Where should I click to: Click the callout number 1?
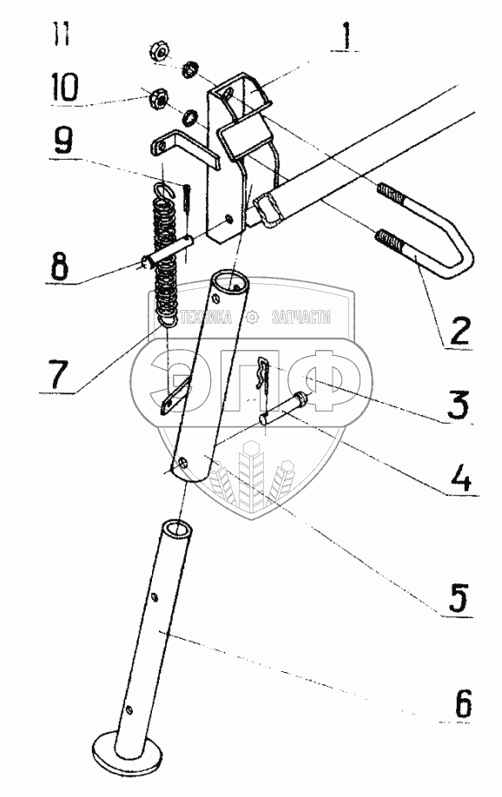(347, 35)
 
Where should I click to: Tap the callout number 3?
(458, 404)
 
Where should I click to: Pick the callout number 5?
(457, 597)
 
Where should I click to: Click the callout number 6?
(461, 702)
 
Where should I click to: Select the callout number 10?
(63, 87)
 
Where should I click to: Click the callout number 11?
(63, 34)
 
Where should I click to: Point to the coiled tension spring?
(164, 254)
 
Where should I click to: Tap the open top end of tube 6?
(177, 530)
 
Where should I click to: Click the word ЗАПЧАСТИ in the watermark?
(301, 318)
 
